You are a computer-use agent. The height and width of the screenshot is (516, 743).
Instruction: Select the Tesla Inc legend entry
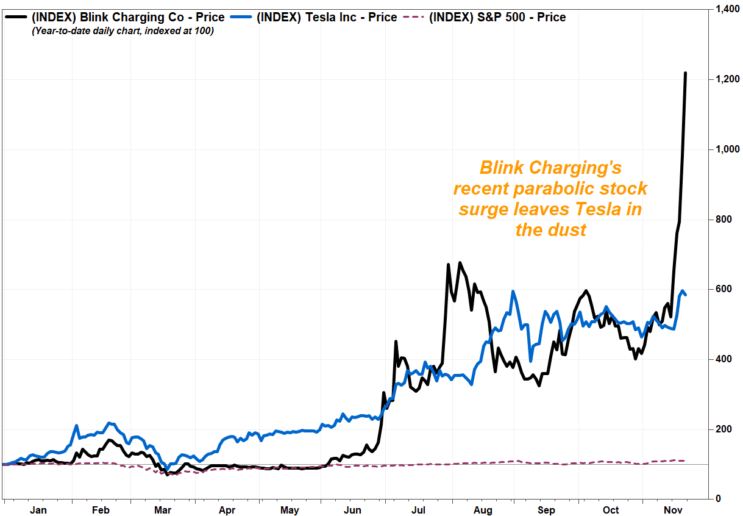click(x=327, y=17)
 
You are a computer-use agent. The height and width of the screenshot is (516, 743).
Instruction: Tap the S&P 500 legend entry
click(x=497, y=17)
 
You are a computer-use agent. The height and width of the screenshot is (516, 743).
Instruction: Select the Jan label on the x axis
click(x=38, y=510)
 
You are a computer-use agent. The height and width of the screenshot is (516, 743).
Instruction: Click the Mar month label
click(x=163, y=510)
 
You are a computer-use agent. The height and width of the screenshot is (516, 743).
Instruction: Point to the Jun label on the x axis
click(x=354, y=510)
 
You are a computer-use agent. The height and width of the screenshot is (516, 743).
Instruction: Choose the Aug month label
click(x=483, y=510)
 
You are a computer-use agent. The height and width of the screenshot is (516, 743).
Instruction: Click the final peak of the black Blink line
click(x=685, y=73)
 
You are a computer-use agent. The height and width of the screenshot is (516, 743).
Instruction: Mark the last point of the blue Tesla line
click(x=686, y=295)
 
